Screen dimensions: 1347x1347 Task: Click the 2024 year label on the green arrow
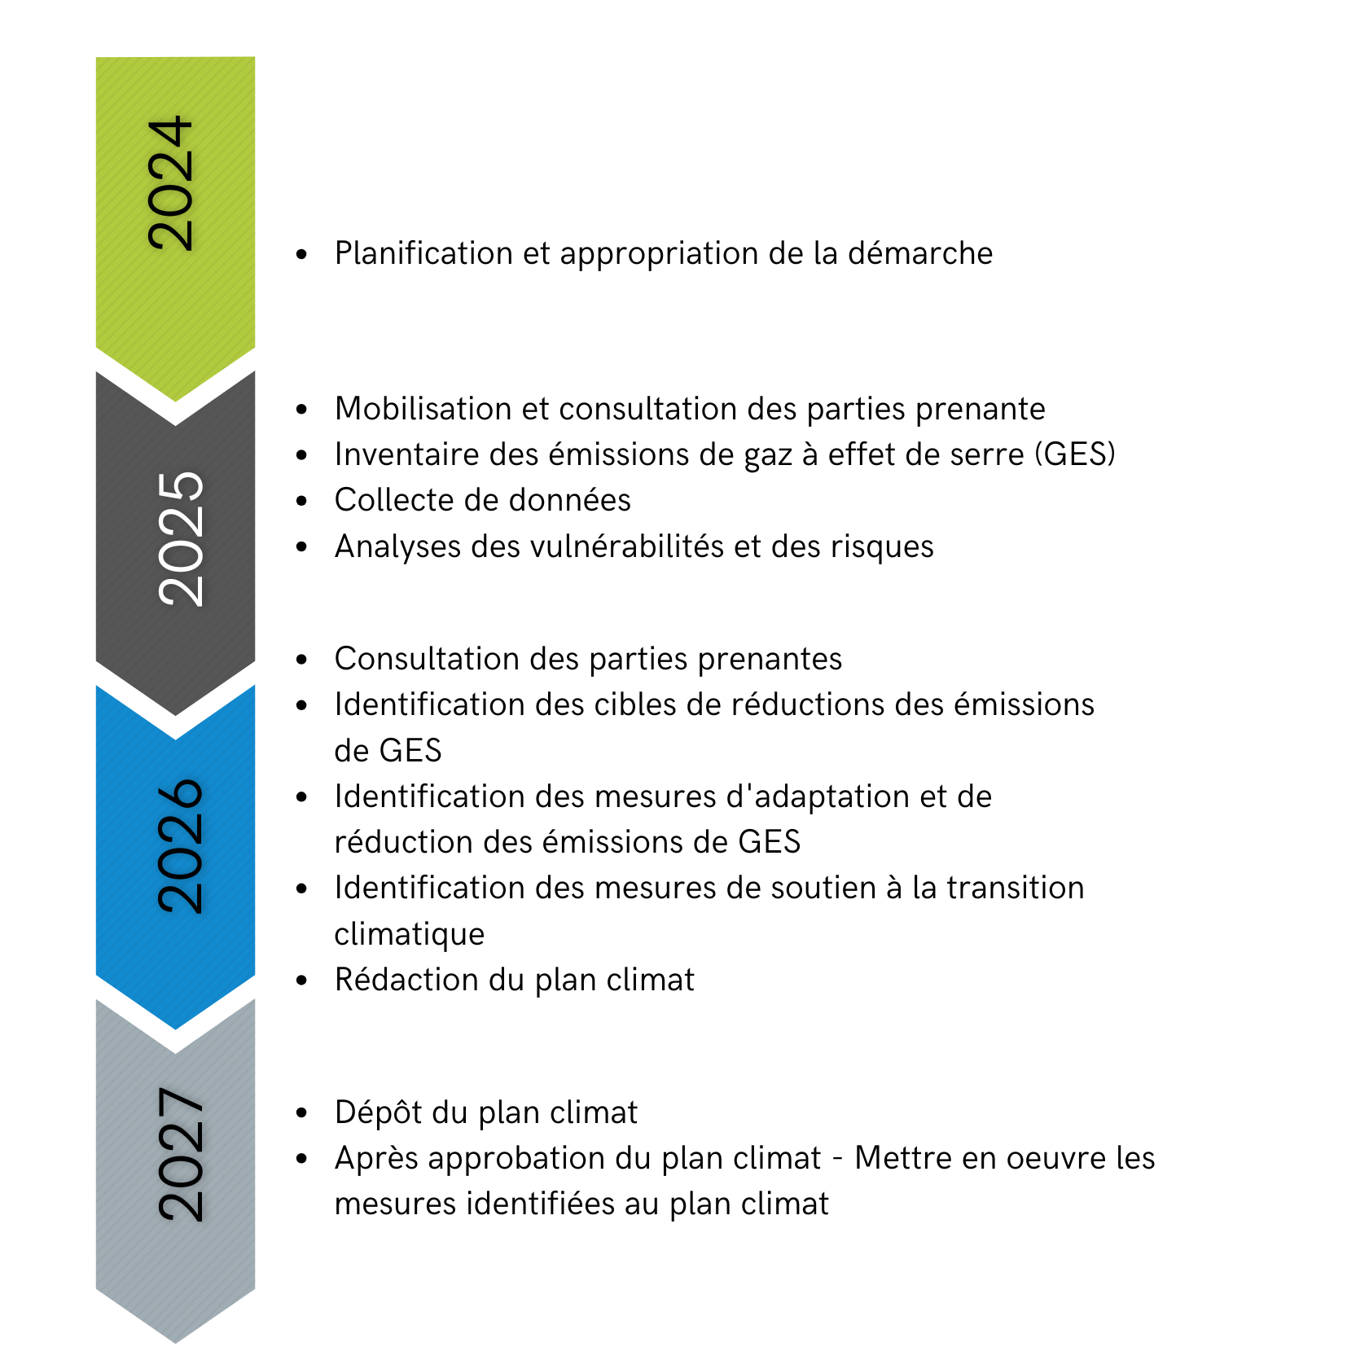coord(171,183)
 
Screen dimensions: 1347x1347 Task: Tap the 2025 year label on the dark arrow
coord(180,538)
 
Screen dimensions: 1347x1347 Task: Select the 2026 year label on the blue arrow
coord(180,846)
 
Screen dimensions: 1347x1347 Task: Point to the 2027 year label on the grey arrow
coord(180,1154)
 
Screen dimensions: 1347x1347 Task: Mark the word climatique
coord(409,934)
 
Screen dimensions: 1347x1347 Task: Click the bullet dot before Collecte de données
coord(302,501)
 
